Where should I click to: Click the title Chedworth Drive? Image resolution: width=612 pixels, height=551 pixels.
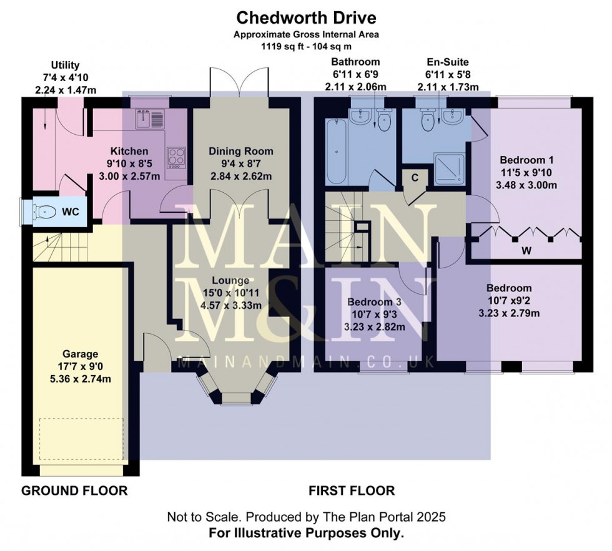click(x=307, y=17)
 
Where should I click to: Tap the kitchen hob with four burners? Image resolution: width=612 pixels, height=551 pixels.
click(x=176, y=157)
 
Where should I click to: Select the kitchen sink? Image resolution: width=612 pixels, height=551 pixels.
click(x=150, y=119)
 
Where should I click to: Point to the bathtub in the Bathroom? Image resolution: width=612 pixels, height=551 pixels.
click(x=337, y=152)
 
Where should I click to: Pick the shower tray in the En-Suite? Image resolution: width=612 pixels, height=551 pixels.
click(x=450, y=169)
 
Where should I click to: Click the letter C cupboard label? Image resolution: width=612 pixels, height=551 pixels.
click(x=415, y=178)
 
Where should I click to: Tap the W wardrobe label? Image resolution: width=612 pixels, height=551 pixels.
click(x=526, y=250)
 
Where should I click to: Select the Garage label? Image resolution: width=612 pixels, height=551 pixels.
click(x=81, y=354)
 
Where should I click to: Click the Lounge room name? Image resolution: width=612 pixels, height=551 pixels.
click(x=230, y=280)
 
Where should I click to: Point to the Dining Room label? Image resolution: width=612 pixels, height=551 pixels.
click(x=241, y=151)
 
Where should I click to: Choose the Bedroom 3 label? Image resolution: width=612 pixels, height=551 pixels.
click(x=374, y=302)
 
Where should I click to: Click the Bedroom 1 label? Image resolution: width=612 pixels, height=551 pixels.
click(x=526, y=160)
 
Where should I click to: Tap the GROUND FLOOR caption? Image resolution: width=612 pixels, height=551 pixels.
click(x=74, y=490)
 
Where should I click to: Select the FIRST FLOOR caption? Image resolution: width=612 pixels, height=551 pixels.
click(x=352, y=490)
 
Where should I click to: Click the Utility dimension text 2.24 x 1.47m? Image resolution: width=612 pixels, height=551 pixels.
click(x=66, y=90)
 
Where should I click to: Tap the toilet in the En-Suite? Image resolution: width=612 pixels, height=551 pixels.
click(x=427, y=120)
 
